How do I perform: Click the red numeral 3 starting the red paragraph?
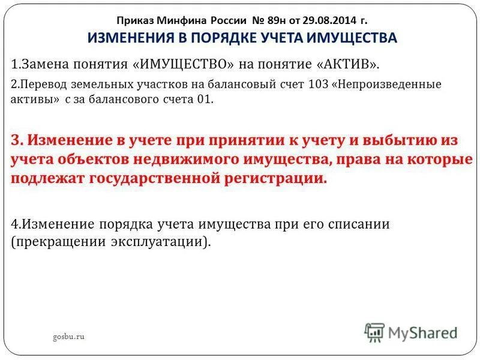tap(16, 140)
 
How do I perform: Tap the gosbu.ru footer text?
tap(68, 337)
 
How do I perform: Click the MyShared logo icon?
tap(374, 332)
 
